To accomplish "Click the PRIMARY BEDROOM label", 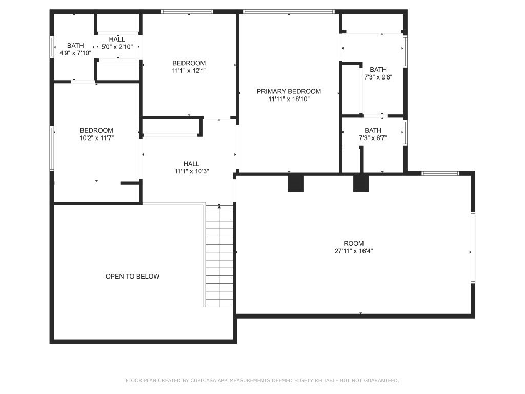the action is pos(289,91).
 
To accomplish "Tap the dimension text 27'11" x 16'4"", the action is pos(354,251).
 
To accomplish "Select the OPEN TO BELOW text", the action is pos(133,277).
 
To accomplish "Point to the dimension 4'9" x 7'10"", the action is pos(75,53).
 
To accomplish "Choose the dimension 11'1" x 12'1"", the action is pos(189,71).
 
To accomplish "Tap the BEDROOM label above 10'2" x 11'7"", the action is pos(96,130).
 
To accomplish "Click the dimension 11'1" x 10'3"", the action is pos(192,171).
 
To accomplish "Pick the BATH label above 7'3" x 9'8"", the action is pos(378,69).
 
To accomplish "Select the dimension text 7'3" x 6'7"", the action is pos(373,137).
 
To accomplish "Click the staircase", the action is pos(219,256).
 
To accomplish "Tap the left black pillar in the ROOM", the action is pos(296,184).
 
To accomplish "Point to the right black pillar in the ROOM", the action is pos(361,184).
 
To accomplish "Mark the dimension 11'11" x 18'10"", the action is pos(289,99).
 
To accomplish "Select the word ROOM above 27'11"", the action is pos(354,243).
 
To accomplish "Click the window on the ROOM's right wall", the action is pos(473,248).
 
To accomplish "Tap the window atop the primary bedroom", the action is pos(289,12).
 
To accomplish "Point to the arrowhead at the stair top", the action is pos(219,207).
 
